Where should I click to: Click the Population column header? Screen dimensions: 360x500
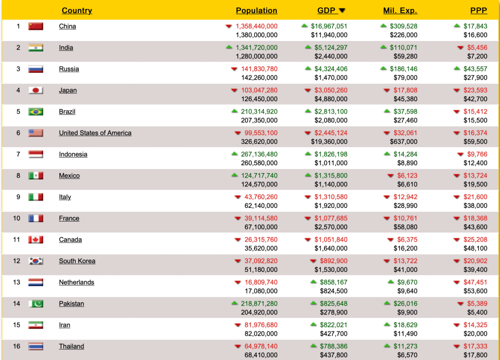click(256, 11)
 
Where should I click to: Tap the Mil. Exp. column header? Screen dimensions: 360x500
click(400, 11)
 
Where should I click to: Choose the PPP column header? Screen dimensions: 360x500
click(478, 11)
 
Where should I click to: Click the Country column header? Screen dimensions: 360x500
click(77, 11)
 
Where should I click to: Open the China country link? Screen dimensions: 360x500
click(67, 26)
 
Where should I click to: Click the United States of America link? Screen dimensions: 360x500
click(95, 133)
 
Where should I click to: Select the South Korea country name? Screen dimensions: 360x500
click(77, 261)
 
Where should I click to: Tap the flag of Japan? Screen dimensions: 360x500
click(36, 90)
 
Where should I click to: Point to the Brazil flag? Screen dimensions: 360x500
click(36, 112)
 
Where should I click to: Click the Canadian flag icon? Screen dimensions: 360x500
click(36, 240)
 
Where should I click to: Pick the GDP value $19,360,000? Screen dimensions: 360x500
click(329, 142)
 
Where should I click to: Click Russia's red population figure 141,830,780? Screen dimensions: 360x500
click(259, 69)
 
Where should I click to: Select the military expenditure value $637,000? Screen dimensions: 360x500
click(404, 142)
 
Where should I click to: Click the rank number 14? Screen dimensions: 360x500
click(17, 304)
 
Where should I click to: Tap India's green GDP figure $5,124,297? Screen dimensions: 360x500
click(331, 48)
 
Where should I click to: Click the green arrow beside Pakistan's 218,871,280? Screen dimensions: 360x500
click(235, 304)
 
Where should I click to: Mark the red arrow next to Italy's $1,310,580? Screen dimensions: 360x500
click(308, 197)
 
